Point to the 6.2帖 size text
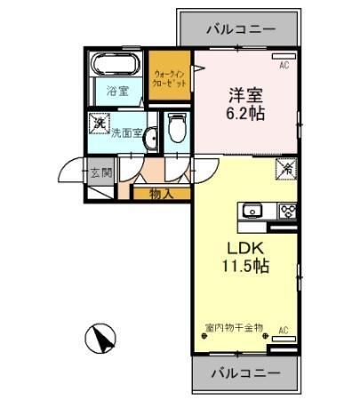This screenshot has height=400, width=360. click(242, 115)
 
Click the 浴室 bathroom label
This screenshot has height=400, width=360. click(118, 90)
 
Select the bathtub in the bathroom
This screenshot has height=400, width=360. click(113, 67)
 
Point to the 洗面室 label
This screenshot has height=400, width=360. click(127, 132)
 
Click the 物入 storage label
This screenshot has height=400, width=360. click(160, 192)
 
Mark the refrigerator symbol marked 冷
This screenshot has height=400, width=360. click(287, 167)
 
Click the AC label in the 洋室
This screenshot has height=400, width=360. click(284, 66)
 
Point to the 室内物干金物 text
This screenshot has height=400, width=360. click(234, 327)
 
